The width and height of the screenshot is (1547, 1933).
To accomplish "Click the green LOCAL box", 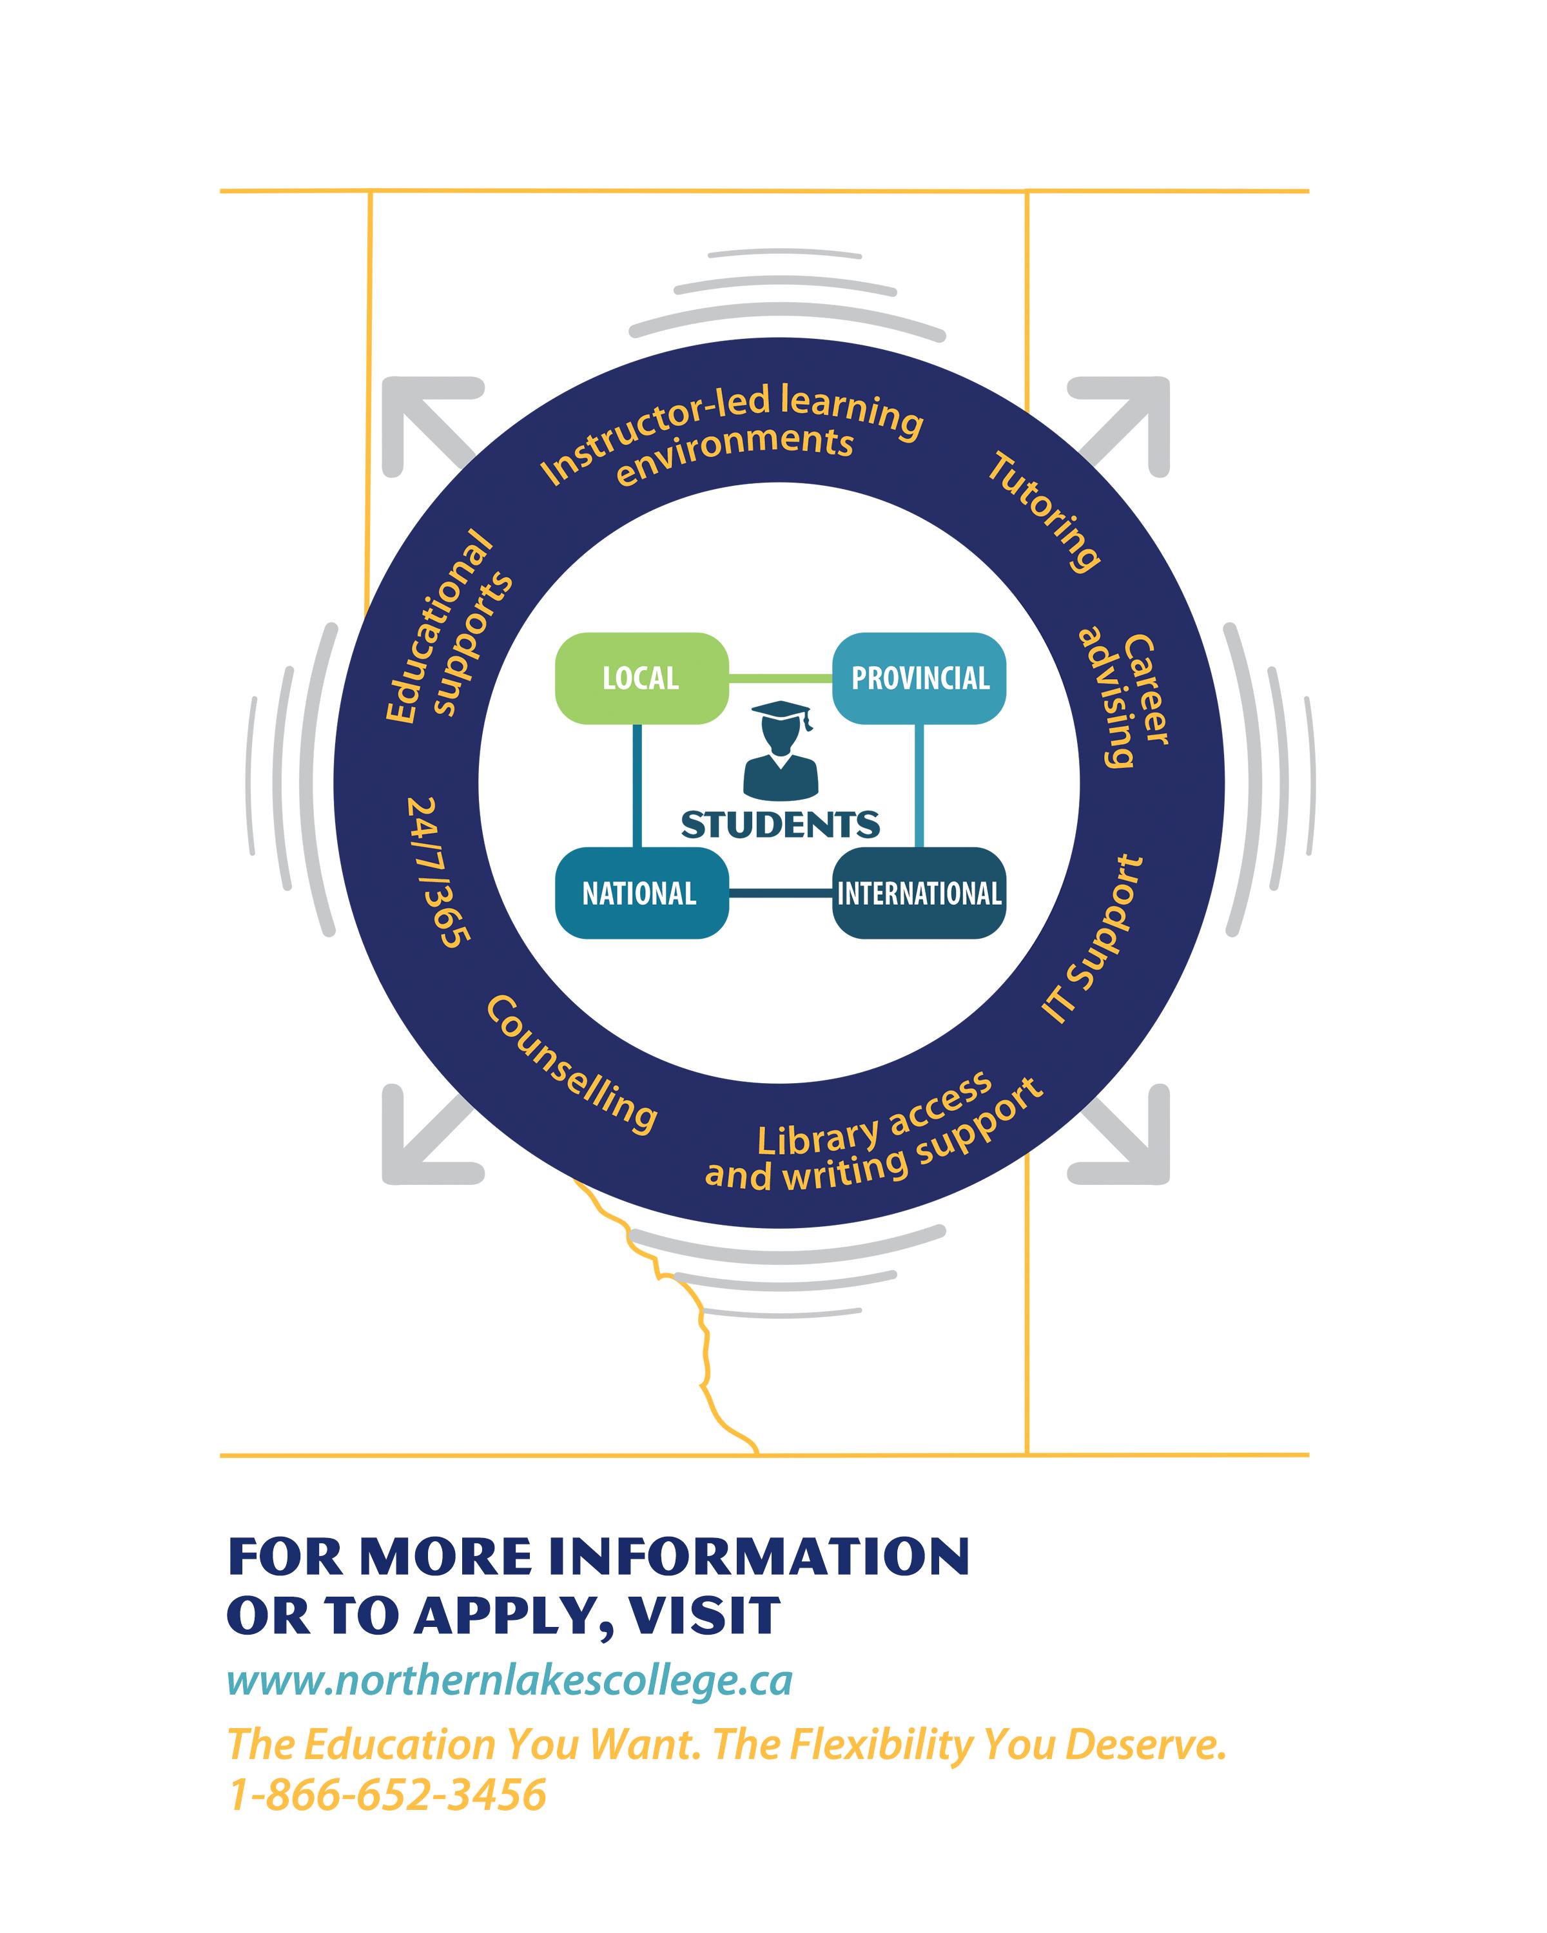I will point(640,678).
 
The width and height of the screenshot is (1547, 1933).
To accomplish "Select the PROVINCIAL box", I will point(919,678).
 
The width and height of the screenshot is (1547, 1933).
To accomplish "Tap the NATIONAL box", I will point(640,893).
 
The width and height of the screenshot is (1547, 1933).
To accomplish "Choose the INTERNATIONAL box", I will point(919,893).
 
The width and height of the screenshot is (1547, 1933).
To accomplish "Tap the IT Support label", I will point(1093,941).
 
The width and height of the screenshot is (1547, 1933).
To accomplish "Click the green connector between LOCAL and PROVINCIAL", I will point(780,678).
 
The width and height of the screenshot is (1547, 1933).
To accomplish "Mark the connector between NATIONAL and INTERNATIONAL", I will point(780,893).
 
